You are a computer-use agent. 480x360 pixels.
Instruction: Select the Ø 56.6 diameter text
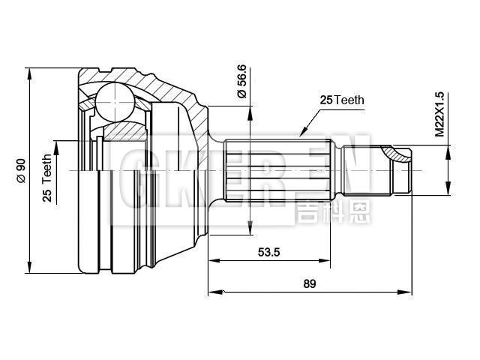[241, 82]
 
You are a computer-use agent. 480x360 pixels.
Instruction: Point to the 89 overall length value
[309, 283]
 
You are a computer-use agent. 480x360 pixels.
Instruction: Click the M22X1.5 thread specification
[440, 112]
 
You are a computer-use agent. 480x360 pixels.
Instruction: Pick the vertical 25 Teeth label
[47, 178]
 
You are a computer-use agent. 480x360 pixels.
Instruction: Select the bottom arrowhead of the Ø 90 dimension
[30, 268]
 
